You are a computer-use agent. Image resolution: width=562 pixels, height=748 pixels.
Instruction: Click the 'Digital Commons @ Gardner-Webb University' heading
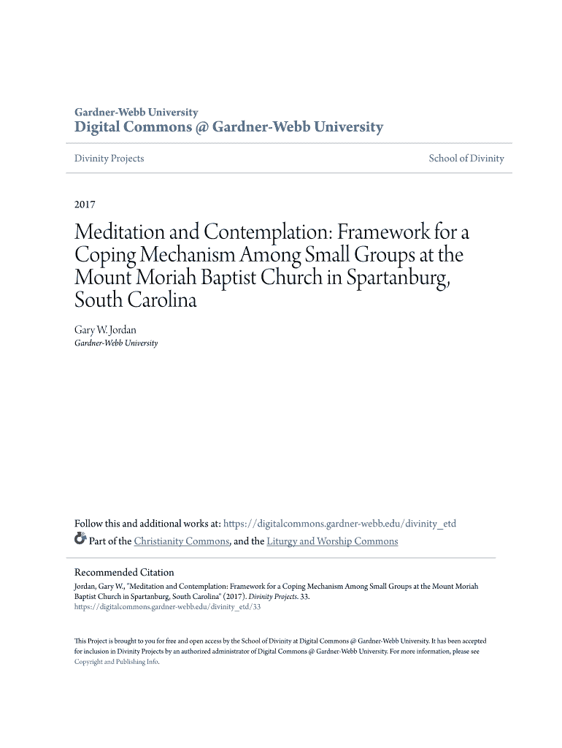pos(228,128)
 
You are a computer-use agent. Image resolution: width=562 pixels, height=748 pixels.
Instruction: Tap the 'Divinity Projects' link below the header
pos(109,159)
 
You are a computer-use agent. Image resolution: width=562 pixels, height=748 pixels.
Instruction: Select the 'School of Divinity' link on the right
pos(466,159)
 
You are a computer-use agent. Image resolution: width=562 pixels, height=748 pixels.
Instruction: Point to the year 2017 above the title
pos(85,205)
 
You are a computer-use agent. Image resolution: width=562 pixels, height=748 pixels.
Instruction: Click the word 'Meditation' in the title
pos(121,233)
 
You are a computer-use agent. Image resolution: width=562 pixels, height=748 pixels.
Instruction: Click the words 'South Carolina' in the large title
pos(136,301)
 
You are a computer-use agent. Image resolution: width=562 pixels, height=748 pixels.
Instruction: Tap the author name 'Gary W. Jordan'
pos(106,330)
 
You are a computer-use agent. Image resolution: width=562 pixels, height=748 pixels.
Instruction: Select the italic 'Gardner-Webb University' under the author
pos(116,343)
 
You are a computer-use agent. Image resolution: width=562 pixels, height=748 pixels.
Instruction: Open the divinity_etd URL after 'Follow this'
pos(339,524)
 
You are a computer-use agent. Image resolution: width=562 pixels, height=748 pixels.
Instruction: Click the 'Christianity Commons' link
pos(182,541)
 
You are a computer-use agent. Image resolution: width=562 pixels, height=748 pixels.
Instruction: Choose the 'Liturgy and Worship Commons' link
pos(332,541)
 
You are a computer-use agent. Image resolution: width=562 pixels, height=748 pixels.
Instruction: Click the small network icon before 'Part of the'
pos(80,540)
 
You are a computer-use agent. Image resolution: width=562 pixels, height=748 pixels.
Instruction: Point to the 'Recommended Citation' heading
pos(124,573)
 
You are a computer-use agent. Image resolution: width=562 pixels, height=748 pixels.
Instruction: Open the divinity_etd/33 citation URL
pos(167,606)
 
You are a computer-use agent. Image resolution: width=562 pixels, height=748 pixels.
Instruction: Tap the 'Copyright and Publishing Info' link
pos(116,662)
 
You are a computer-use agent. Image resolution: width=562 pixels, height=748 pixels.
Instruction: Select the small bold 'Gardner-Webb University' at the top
pos(136,112)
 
